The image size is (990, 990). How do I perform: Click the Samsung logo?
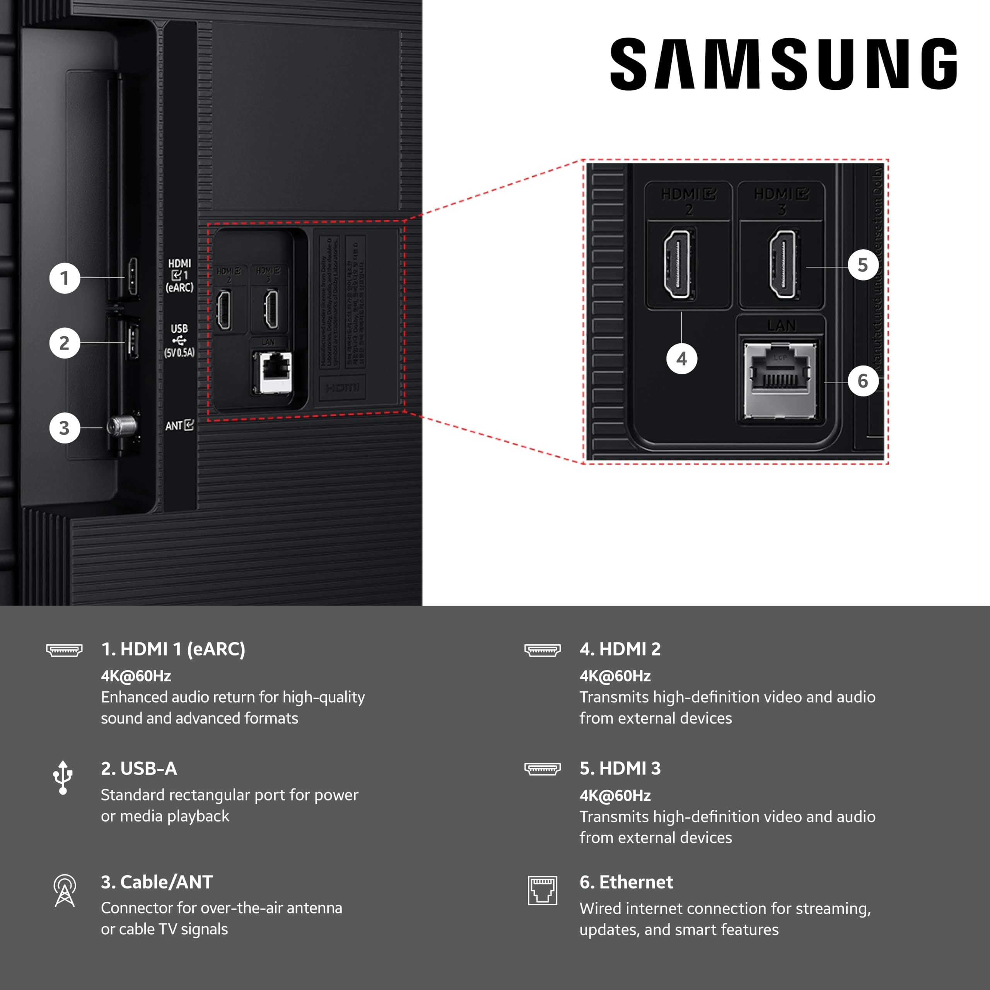click(x=783, y=64)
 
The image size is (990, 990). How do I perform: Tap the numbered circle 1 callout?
click(x=65, y=278)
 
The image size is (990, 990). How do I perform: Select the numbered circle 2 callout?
click(x=65, y=343)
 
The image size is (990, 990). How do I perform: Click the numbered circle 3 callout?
click(x=65, y=428)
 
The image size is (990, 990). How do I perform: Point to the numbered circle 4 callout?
click(x=681, y=359)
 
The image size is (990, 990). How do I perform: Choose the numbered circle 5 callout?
click(x=863, y=265)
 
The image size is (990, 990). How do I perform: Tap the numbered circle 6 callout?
click(x=863, y=381)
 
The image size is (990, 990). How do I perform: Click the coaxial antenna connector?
click(x=122, y=425)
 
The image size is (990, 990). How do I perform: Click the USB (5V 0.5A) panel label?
click(x=179, y=340)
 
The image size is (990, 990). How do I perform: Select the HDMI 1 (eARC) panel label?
click(x=179, y=275)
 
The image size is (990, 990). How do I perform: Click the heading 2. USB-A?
click(x=139, y=768)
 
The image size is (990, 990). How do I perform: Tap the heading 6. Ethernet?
click(x=626, y=882)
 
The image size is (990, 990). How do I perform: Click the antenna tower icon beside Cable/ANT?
click(x=65, y=891)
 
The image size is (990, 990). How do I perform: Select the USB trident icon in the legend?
click(x=63, y=777)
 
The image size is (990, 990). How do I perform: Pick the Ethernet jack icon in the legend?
click(x=543, y=891)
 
